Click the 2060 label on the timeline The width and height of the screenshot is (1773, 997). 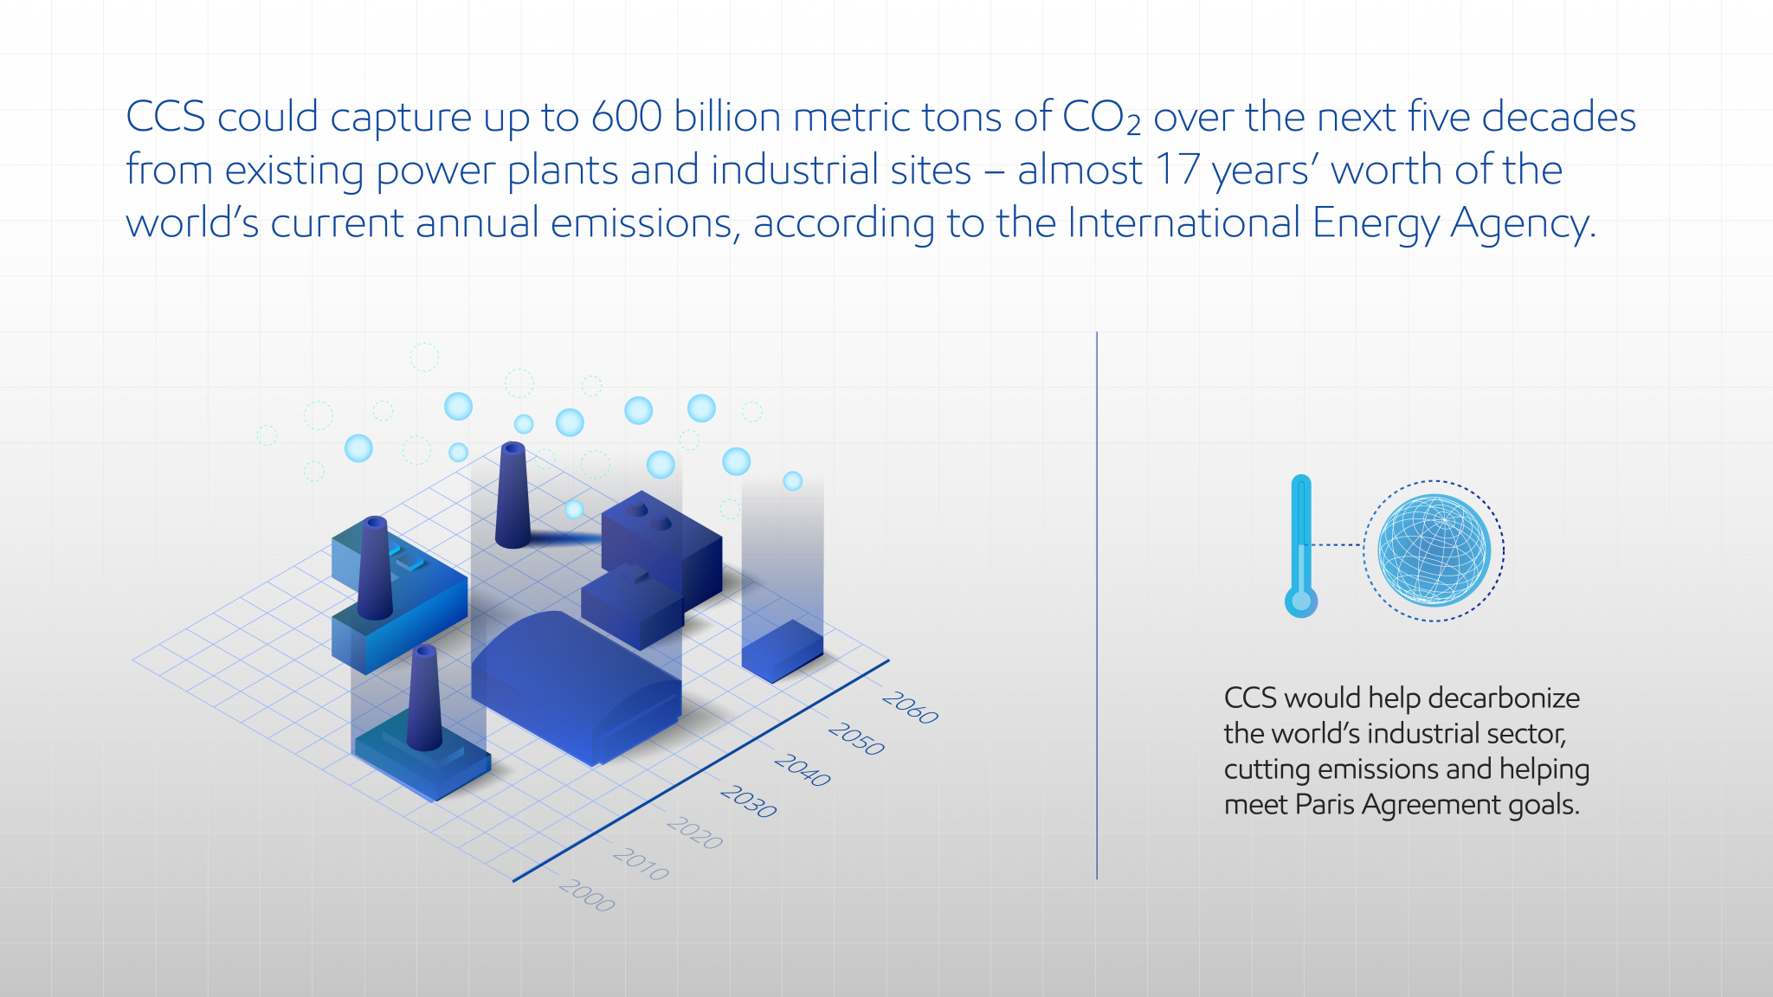coord(910,708)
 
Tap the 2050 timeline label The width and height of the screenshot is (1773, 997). coord(856,739)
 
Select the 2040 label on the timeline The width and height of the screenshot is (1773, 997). coord(803,770)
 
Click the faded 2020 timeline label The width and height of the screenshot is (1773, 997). coord(694,833)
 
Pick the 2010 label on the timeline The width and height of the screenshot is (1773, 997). coord(641,864)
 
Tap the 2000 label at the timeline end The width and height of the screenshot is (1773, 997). coord(587,895)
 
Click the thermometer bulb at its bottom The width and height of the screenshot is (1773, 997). coord(1300,601)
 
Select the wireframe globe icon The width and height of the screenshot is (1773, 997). coord(1434,550)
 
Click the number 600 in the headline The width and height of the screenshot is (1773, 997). coord(627,117)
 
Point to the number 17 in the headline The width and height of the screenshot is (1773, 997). coord(1177,170)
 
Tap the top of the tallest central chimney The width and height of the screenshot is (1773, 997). coord(513,449)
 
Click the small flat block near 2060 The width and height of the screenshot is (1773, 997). coord(782,650)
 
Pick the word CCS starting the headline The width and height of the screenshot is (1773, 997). coord(165,117)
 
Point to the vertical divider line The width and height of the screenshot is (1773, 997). coord(1097,606)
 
